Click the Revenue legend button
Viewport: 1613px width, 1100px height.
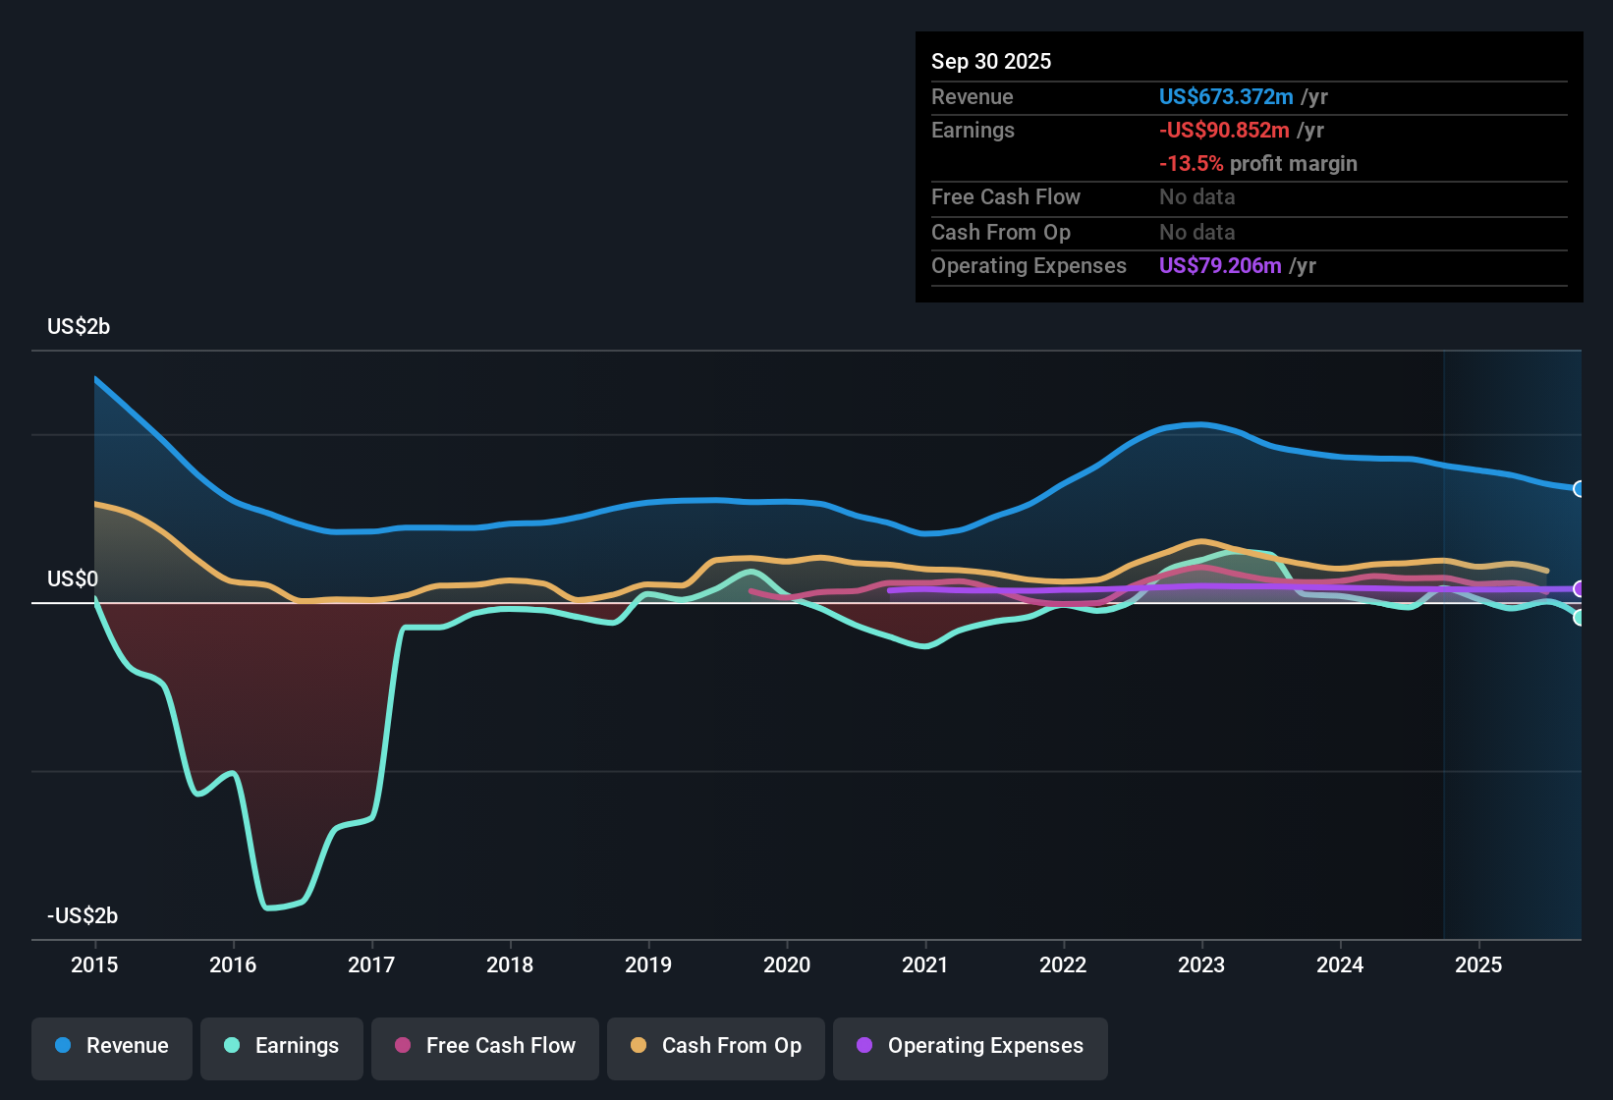112,1046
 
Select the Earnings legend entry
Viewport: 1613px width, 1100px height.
282,1046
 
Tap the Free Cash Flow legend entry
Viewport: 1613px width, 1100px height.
485,1046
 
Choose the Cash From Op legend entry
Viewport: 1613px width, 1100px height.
716,1046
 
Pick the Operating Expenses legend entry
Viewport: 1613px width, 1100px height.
971,1046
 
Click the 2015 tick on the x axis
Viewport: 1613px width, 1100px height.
94,964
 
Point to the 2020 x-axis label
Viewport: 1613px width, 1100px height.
787,964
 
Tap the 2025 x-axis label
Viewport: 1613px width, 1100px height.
1478,964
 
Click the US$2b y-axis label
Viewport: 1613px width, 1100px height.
79,327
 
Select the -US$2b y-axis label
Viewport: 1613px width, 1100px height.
83,916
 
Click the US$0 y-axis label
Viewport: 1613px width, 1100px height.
73,579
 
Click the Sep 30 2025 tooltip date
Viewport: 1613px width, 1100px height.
991,62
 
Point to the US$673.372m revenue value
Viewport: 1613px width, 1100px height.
1225,97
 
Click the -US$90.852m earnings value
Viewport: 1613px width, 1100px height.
1224,131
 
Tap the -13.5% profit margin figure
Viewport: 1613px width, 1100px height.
1191,164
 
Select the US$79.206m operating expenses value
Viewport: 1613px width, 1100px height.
1220,266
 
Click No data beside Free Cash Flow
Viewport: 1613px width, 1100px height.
1196,197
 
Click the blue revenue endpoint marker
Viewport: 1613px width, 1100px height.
1579,489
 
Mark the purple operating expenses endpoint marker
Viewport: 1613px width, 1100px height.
1579,589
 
